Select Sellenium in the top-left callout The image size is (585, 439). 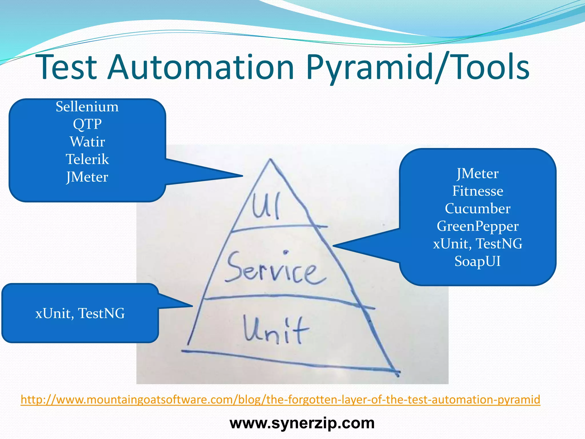[x=87, y=107]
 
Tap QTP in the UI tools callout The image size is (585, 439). [x=87, y=124]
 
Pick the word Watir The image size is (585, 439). [x=87, y=142]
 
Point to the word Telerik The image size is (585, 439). [x=87, y=159]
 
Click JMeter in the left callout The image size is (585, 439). [x=87, y=177]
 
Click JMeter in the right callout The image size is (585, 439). [x=477, y=173]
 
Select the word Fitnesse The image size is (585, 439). [x=477, y=191]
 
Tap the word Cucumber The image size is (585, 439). [x=477, y=209]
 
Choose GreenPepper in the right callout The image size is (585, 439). [x=477, y=226]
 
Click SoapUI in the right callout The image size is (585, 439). [x=477, y=261]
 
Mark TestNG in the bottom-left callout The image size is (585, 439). [x=101, y=313]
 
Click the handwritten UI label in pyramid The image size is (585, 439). [x=266, y=205]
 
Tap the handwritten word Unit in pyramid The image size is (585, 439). [x=276, y=330]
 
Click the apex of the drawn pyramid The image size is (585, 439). [x=270, y=160]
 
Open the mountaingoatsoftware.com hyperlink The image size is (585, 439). [x=280, y=400]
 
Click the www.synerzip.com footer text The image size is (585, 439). [x=302, y=423]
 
